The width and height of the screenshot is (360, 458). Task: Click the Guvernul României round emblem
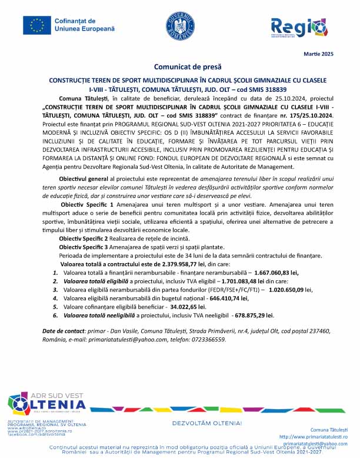point(179,26)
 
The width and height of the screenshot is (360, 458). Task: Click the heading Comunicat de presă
point(180,67)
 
